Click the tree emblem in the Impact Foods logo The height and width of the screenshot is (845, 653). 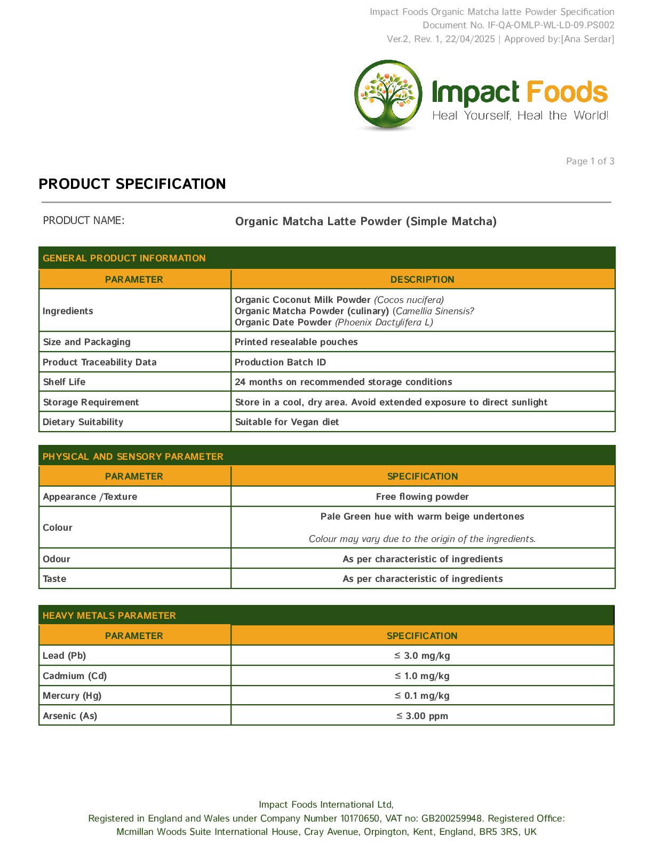[388, 94]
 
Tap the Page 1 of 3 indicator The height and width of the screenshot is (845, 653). [590, 161]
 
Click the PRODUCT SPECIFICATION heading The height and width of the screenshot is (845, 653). [132, 184]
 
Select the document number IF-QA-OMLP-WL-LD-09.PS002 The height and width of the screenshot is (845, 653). [551, 25]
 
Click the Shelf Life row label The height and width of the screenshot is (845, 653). [64, 382]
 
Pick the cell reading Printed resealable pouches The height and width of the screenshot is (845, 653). [296, 342]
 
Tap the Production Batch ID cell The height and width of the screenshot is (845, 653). [280, 362]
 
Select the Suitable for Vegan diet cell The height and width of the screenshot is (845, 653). [287, 422]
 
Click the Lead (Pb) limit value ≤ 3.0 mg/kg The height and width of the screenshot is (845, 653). [422, 656]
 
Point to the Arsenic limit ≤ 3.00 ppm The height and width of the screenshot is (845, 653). [422, 716]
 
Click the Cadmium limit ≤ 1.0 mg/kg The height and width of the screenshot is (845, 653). [422, 676]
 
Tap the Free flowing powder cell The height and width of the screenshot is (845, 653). [422, 497]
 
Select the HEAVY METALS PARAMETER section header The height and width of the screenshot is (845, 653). [109, 616]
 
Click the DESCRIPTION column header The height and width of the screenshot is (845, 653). [422, 280]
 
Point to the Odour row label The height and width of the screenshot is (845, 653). [57, 559]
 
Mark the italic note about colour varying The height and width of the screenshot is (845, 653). [422, 539]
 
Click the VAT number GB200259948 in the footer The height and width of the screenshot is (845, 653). [452, 818]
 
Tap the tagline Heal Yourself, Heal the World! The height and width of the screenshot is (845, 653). [520, 116]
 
